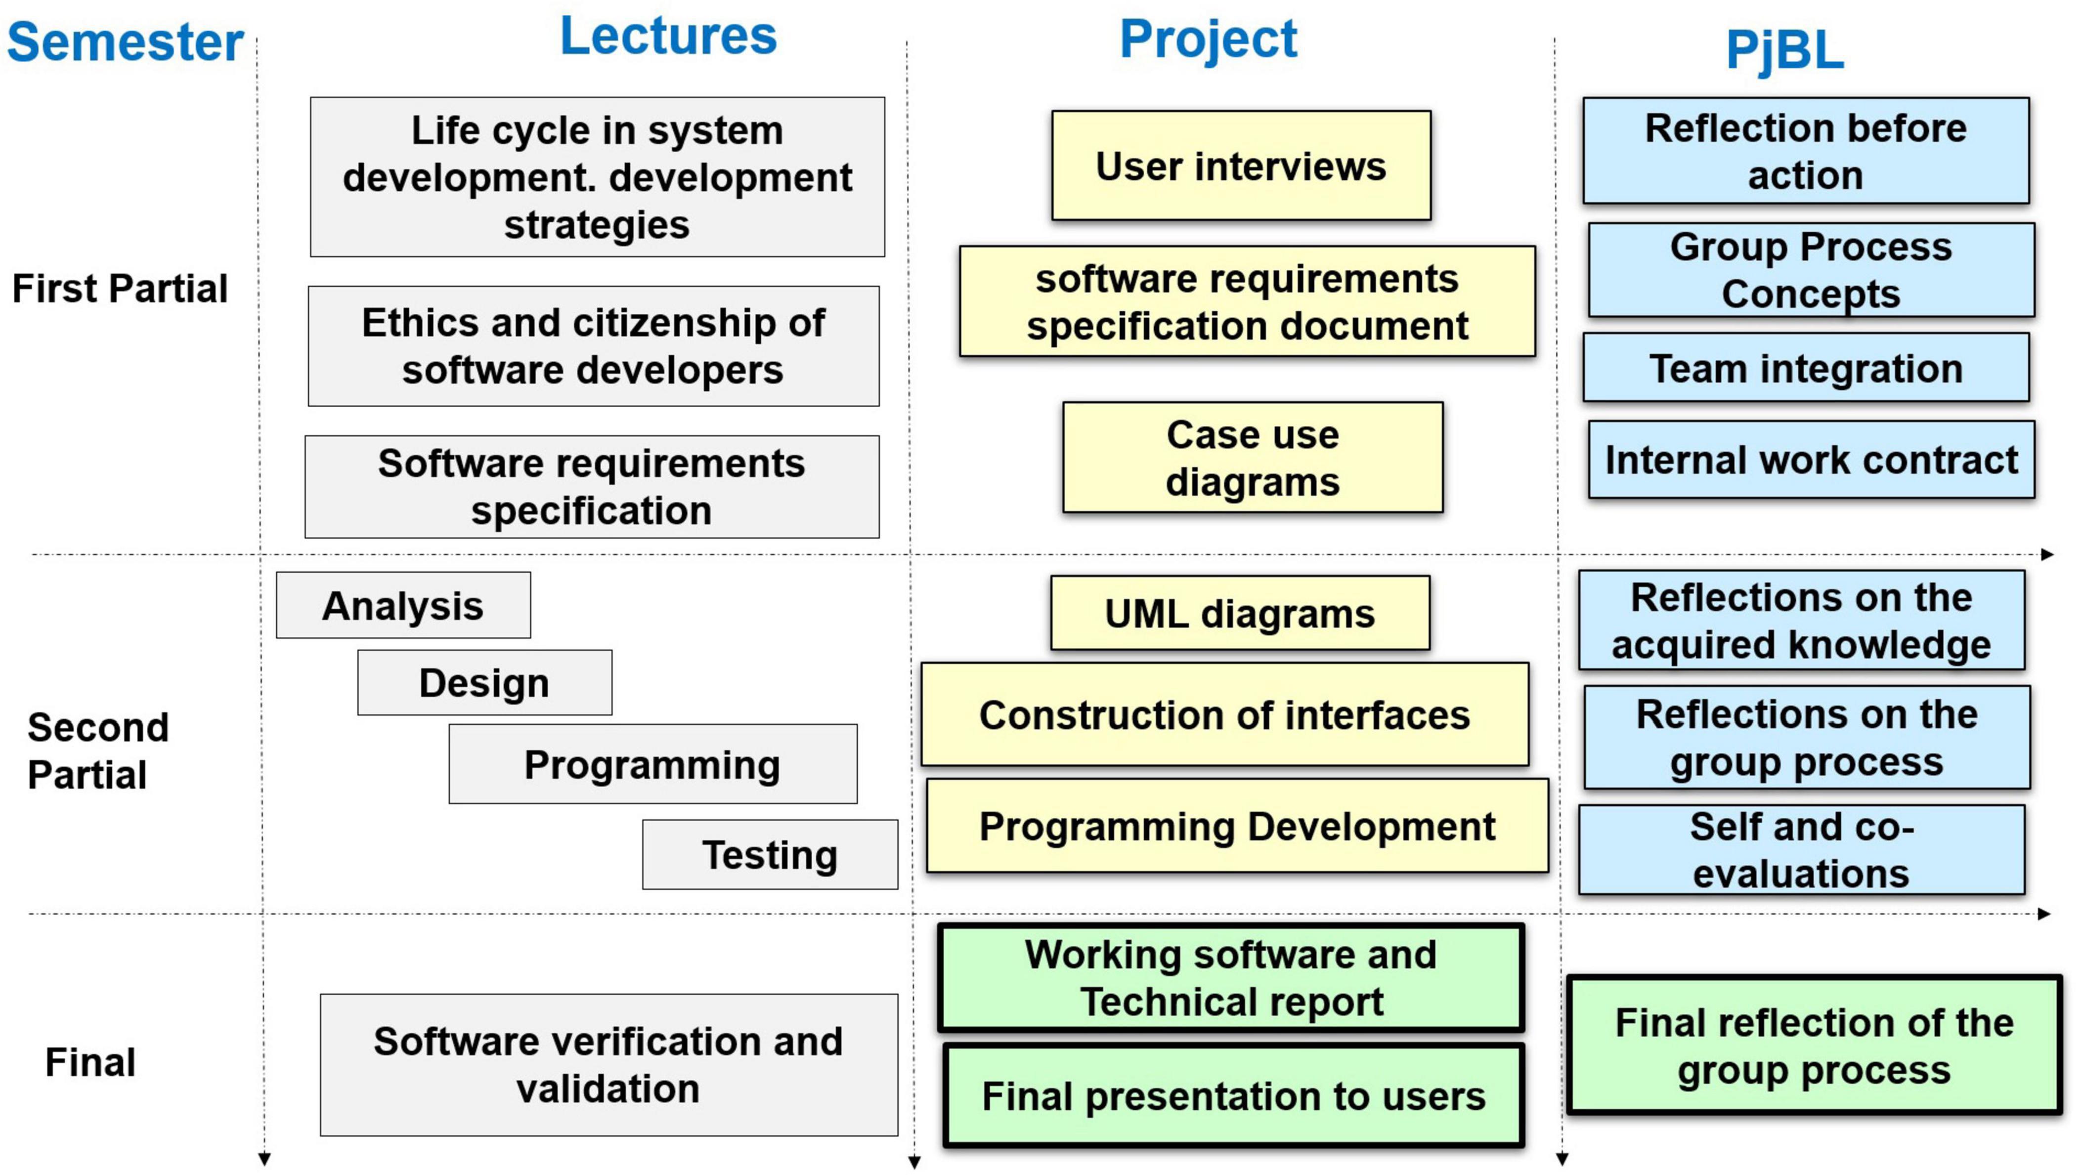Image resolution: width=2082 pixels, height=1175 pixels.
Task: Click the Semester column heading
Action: tap(125, 42)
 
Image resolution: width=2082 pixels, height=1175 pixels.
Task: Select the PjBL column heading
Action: tap(1784, 50)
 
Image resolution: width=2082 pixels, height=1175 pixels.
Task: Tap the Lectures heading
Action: tap(668, 37)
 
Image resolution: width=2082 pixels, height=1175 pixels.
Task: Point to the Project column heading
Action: tap(1208, 39)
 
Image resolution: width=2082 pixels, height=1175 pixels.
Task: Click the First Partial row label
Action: tap(120, 289)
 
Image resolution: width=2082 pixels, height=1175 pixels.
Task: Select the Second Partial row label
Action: tap(98, 751)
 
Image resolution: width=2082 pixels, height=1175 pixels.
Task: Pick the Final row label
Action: tap(89, 1062)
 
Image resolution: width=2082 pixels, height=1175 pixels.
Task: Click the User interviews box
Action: tap(1241, 166)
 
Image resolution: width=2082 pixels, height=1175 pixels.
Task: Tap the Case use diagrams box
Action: tap(1253, 458)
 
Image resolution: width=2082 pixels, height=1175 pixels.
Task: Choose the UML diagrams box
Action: tap(1240, 613)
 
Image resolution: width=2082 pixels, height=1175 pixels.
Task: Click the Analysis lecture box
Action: tap(403, 605)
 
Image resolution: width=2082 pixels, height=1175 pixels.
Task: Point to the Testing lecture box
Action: tap(770, 855)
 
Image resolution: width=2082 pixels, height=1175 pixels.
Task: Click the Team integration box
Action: tap(1806, 368)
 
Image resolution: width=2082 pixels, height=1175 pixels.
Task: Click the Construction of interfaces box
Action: tap(1224, 715)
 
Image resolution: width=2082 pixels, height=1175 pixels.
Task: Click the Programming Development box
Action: tap(1237, 826)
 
